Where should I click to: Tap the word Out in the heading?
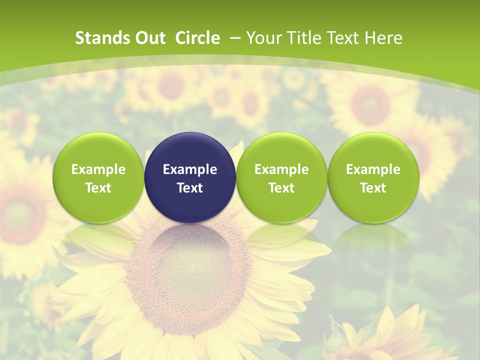pos(148,38)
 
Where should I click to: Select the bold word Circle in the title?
pos(197,38)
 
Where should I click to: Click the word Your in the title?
pos(263,38)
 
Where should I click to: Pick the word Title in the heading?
pos(303,38)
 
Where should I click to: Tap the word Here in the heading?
pos(383,38)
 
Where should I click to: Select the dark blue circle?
pos(190,177)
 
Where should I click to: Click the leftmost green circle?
pos(98,177)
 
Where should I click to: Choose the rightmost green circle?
pos(373,177)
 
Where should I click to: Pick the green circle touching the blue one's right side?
pos(281,177)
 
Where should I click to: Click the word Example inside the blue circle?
pos(190,169)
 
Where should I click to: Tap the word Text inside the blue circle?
pos(190,188)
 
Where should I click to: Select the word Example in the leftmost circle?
pos(98,169)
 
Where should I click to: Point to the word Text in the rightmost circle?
pos(373,188)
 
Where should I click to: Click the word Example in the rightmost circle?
pos(373,169)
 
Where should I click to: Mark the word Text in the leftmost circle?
pos(98,188)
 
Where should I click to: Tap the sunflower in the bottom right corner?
pos(395,335)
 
